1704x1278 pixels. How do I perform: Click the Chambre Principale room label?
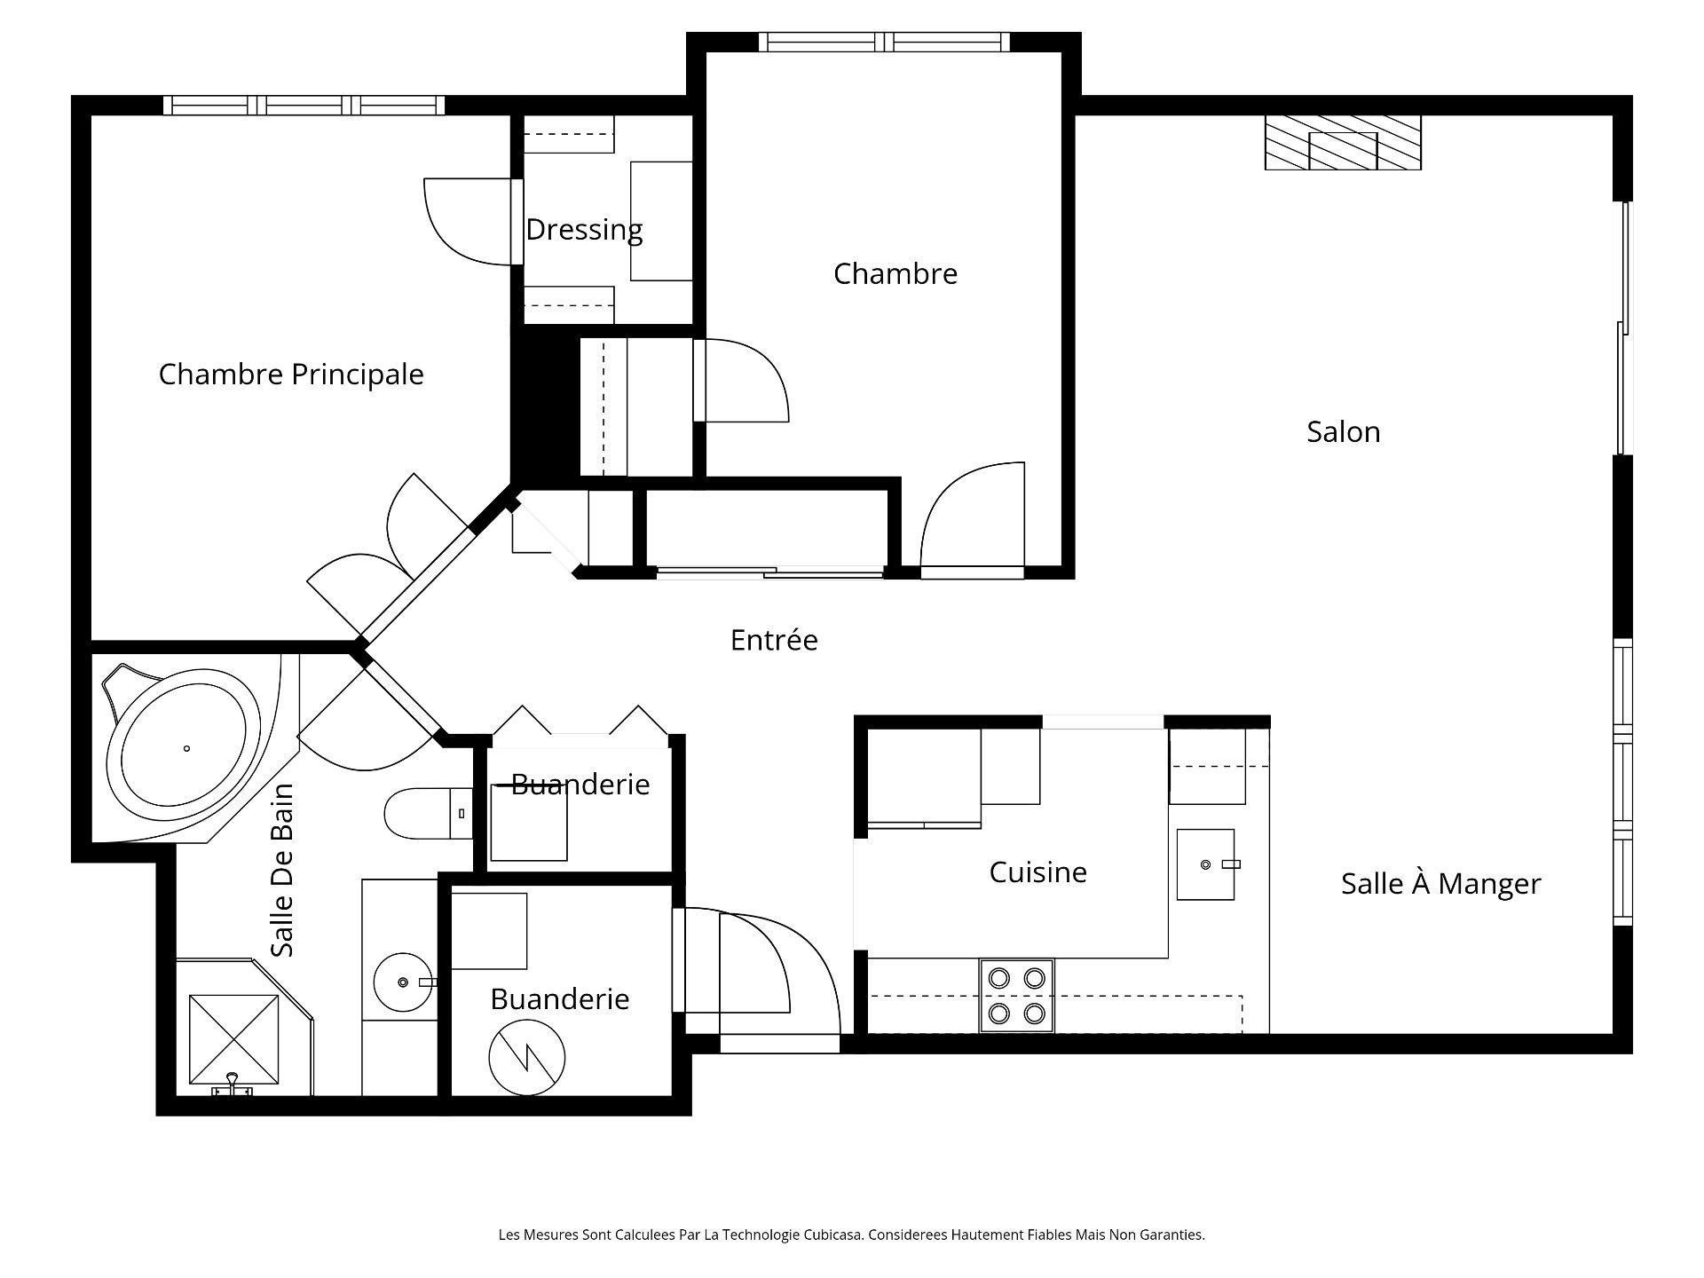coord(291,375)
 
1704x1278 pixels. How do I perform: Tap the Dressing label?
coord(584,230)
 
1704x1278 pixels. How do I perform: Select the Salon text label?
coord(1343,432)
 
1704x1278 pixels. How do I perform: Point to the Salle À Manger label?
coord(1440,884)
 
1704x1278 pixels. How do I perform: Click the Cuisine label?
coord(1037,872)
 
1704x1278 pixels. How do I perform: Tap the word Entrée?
coord(774,640)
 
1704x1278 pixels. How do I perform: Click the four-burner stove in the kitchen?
coord(1016,995)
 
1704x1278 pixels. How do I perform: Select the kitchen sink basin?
coord(1205,864)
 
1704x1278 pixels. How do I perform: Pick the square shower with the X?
coord(233,1039)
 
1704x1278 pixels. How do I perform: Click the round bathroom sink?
coord(404,982)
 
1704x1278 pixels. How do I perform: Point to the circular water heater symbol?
coord(527,1057)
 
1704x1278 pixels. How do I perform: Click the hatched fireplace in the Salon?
coord(1342,143)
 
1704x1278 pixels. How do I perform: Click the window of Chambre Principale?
coord(304,106)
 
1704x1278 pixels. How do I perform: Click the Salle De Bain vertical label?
coord(282,870)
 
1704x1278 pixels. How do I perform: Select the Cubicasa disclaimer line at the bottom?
coord(851,1235)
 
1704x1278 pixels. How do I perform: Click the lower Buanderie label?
coord(559,999)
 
